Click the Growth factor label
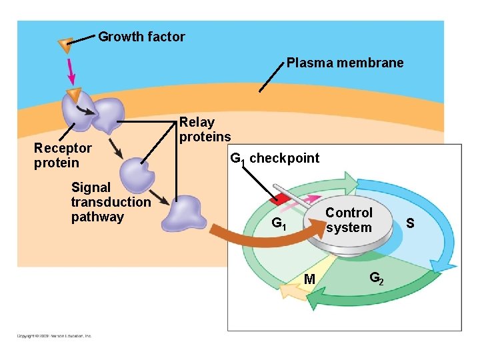(x=141, y=37)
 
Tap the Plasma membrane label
(x=345, y=63)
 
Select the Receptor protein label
(x=62, y=155)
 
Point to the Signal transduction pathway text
(x=111, y=203)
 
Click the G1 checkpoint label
(x=274, y=159)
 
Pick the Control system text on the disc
(x=349, y=220)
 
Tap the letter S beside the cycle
(x=410, y=223)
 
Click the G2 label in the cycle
(x=376, y=277)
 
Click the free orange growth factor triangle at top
(x=65, y=45)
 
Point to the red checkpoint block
(x=275, y=198)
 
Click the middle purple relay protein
(x=138, y=174)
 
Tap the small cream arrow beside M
(x=291, y=292)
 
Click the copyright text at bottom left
(x=53, y=336)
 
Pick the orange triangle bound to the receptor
(x=73, y=94)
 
